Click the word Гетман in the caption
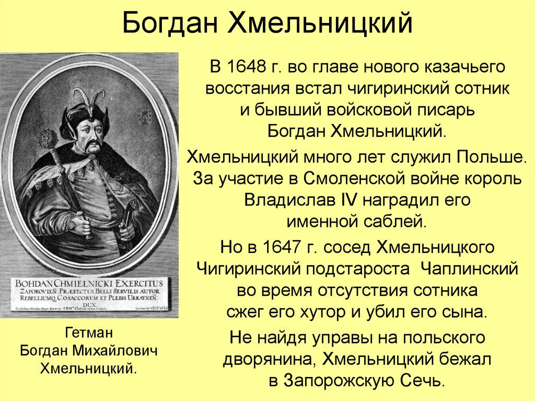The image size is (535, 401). (x=89, y=333)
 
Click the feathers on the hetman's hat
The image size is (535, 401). (x=83, y=98)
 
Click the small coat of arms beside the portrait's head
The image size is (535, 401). (x=144, y=117)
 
